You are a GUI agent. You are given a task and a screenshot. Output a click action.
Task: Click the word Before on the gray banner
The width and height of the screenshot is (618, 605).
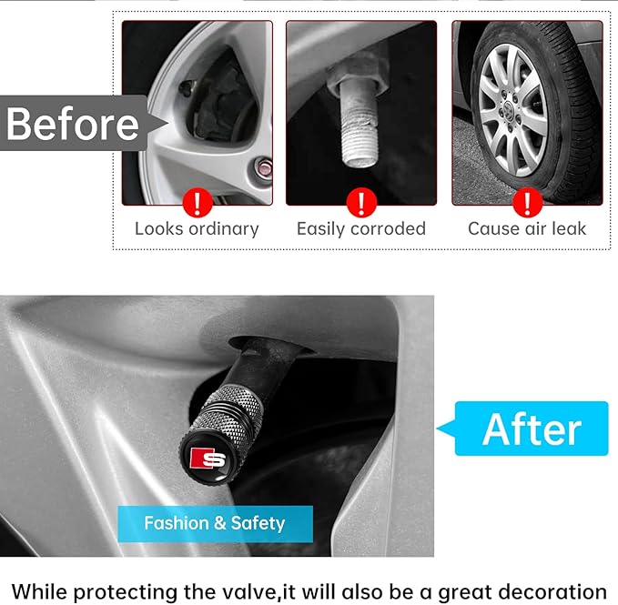coord(73,124)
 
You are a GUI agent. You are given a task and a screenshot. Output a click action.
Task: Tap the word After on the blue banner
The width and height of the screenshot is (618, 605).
coord(532,429)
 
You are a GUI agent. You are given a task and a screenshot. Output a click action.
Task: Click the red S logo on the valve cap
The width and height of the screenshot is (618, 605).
coord(208,459)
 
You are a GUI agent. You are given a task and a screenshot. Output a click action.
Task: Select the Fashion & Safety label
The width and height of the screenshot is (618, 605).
coord(215,523)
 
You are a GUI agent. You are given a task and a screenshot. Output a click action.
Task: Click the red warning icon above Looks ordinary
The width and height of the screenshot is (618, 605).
coord(198,203)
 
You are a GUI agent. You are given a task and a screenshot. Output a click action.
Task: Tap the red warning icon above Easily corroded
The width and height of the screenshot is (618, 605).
coord(361,203)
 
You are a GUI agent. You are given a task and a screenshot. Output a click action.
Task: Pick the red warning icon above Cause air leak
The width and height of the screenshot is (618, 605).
coord(527,203)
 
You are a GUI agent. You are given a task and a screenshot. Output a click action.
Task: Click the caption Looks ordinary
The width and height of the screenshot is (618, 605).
coord(197,229)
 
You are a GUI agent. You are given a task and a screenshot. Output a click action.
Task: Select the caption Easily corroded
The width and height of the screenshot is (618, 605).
coord(361,229)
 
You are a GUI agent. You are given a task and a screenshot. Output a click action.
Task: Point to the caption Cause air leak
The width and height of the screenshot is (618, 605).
coord(527,229)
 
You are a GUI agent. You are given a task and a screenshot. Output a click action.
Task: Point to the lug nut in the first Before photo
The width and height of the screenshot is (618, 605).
coord(263,168)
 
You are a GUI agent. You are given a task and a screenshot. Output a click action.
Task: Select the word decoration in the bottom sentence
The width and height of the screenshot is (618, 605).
coord(552,592)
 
